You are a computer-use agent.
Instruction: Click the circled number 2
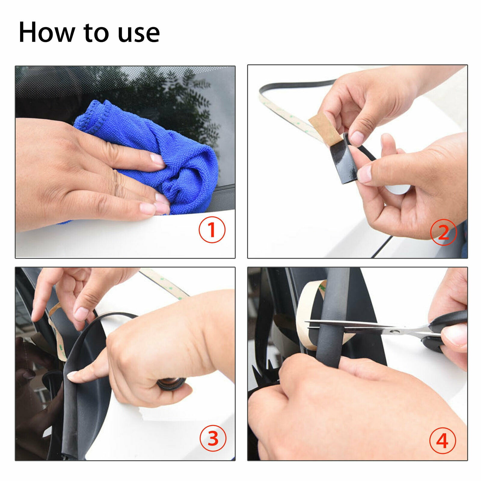443,232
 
